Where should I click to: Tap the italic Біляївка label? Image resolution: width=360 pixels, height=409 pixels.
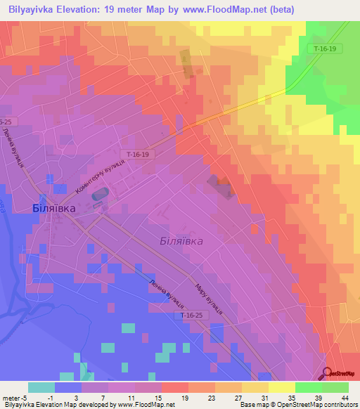(x=181, y=240)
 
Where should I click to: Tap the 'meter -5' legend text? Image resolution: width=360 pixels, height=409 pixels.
(x=14, y=397)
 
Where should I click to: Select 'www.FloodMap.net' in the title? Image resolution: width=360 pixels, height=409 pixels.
(x=229, y=9)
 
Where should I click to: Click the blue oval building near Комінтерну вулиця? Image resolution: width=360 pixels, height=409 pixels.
(x=102, y=191)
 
